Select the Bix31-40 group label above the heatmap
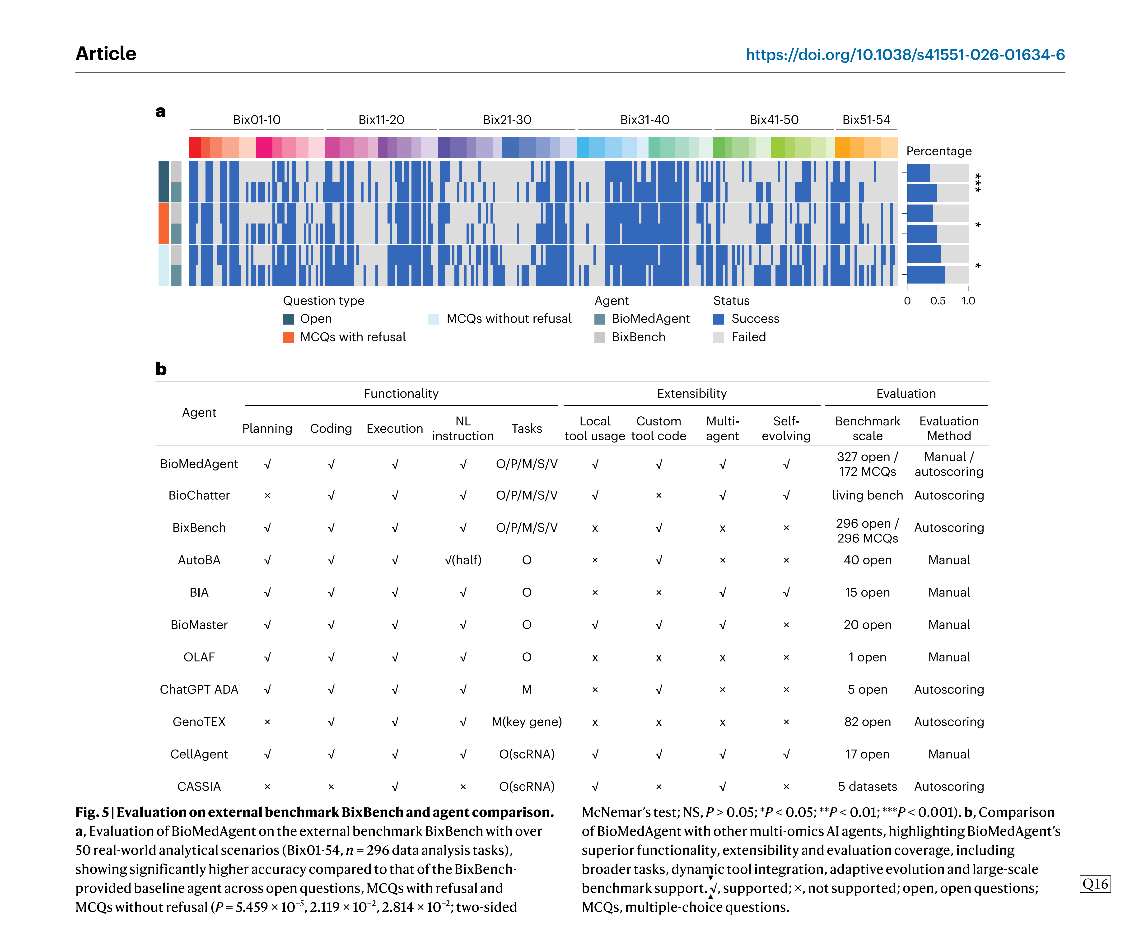(x=644, y=120)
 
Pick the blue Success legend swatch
(x=719, y=319)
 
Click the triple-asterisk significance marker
(x=978, y=183)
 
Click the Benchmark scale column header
(x=867, y=428)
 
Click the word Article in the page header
(x=106, y=53)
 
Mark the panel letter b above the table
(x=161, y=369)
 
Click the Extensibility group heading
(x=691, y=394)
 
